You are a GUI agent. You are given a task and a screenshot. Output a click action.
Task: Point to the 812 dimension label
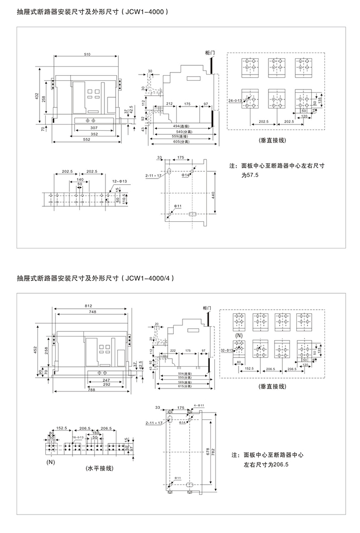89,307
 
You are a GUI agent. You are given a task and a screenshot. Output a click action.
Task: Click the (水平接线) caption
99,469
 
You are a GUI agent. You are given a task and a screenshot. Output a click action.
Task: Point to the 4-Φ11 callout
199,406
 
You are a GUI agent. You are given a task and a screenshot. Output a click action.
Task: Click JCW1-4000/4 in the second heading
150,278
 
